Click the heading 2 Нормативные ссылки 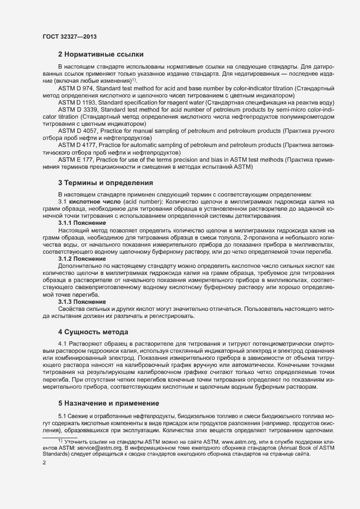click(101, 54)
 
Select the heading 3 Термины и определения click(105, 182)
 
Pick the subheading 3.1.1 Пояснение click(82, 224)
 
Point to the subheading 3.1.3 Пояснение click(82, 302)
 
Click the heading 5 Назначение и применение click(108, 403)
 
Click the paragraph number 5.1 click(63, 416)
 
